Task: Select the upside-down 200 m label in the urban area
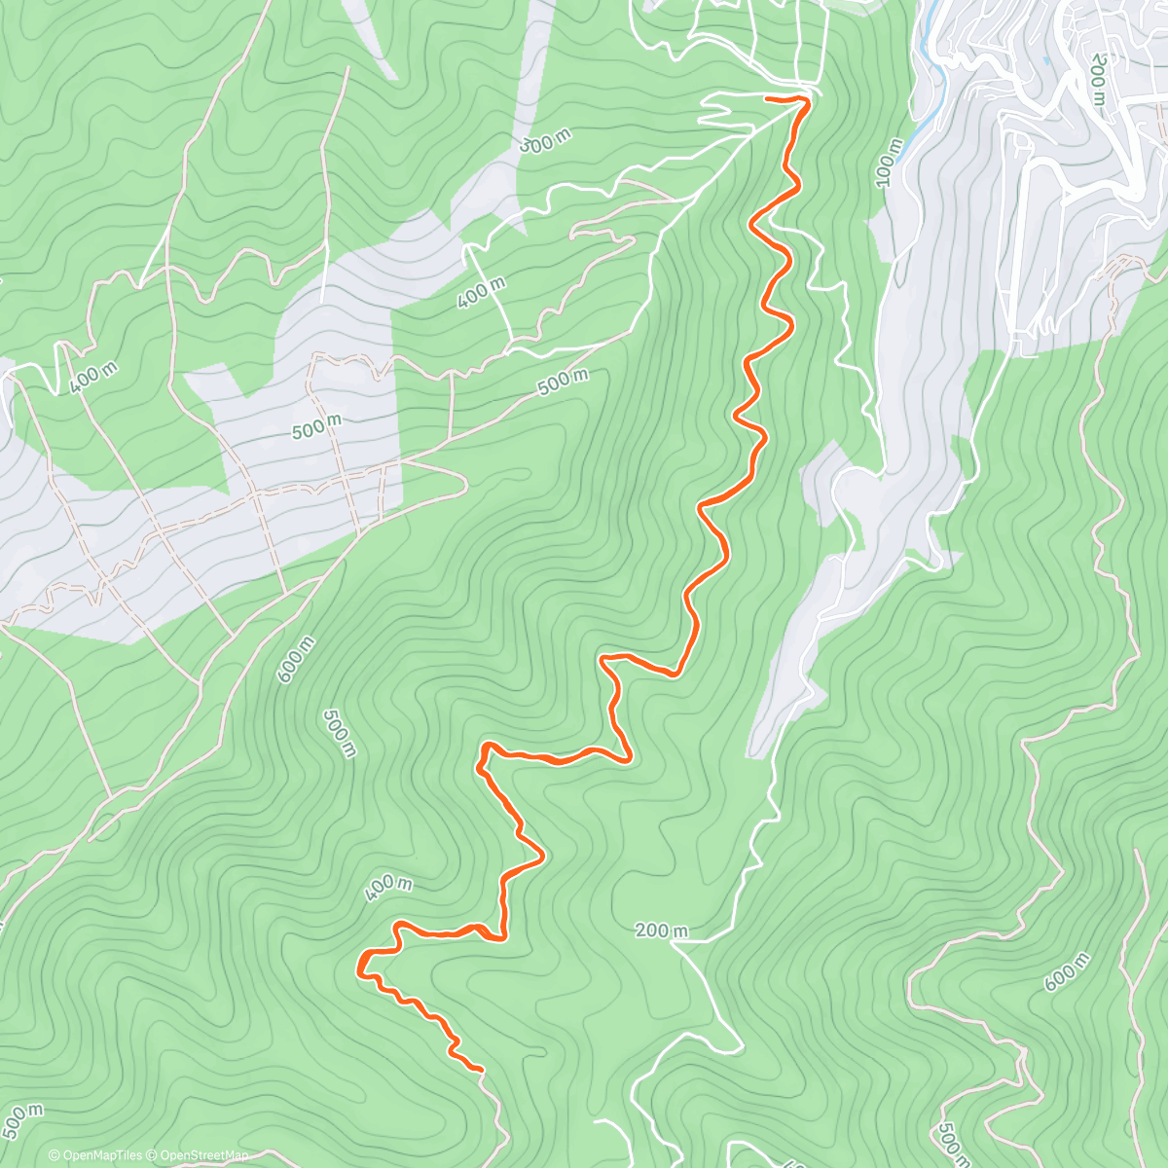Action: click(x=1098, y=80)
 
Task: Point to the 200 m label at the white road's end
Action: click(x=662, y=931)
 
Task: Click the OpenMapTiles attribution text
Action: click(x=102, y=1156)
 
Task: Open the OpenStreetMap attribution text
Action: click(x=202, y=1156)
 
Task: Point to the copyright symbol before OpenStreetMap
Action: click(x=154, y=1156)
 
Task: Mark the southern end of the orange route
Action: click(x=480, y=1069)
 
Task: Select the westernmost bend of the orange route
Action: click(x=361, y=967)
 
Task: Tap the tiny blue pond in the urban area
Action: click(x=1045, y=60)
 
